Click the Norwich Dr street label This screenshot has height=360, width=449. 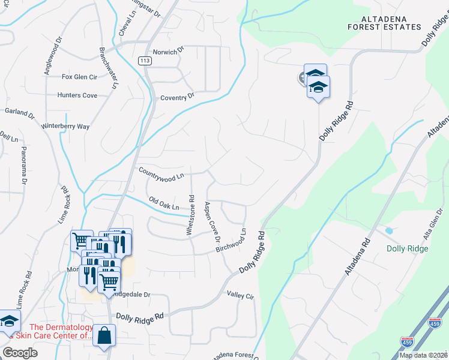(x=164, y=52)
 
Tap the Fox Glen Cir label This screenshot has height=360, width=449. (x=79, y=77)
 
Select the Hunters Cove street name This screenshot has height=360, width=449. (x=77, y=95)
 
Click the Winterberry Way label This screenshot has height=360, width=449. (x=65, y=127)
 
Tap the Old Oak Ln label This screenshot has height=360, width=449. (x=164, y=204)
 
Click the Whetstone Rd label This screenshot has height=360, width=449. (x=191, y=214)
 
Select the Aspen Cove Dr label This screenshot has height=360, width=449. (x=212, y=222)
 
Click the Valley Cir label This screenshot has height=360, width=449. (x=241, y=295)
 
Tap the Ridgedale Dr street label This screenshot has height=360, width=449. (x=131, y=295)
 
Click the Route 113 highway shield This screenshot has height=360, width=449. (x=144, y=61)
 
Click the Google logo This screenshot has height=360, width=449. (x=20, y=352)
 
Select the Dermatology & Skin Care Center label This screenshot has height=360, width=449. (x=61, y=331)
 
